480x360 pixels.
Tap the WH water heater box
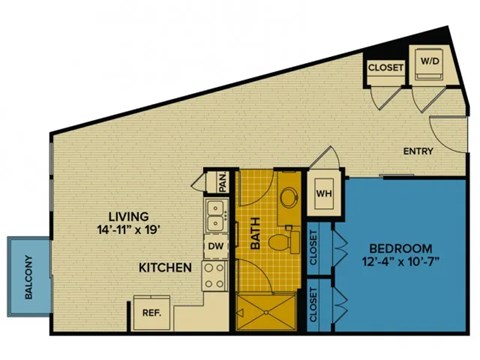click(324, 193)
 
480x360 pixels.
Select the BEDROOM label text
click(400, 248)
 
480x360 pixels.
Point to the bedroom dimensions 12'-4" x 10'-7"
click(400, 263)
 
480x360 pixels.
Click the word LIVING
click(130, 216)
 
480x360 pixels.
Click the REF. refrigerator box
click(152, 312)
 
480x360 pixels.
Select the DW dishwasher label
click(215, 245)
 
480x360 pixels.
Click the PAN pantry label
click(223, 182)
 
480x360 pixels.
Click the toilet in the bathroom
click(291, 241)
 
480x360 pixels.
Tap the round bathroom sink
click(290, 197)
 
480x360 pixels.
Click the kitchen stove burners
click(214, 274)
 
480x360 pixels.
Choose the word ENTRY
click(417, 152)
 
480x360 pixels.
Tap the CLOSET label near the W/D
click(385, 67)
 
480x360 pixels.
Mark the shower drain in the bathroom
click(267, 310)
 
